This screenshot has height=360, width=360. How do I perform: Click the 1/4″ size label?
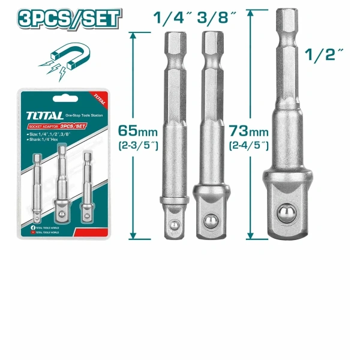[169, 17]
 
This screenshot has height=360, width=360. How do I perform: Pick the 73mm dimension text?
[247, 130]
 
